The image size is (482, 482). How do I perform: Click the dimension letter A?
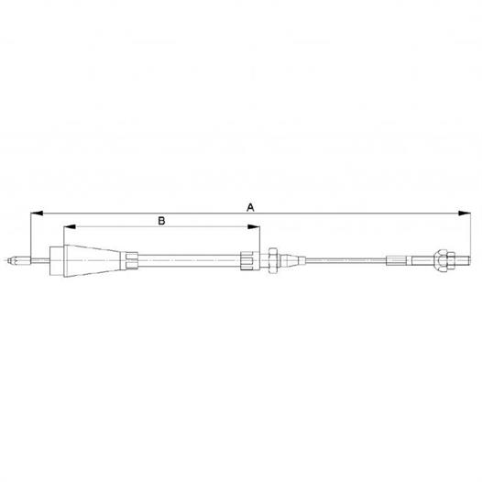pos(250,207)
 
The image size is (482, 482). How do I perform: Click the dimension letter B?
pos(161,221)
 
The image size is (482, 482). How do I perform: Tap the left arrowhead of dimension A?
pos(37,214)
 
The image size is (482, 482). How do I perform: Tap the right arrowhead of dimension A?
pos(465,214)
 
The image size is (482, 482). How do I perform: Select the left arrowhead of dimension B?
pos(70,227)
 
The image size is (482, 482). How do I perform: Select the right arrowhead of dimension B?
pos(254,227)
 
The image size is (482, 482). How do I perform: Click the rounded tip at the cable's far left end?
pos(9,260)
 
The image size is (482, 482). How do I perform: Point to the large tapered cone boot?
pos(93,260)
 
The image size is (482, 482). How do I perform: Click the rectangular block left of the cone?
pos(57,260)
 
